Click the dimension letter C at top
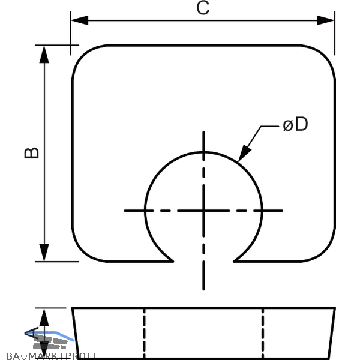(x=203, y=8)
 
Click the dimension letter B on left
(x=32, y=152)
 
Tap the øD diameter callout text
(x=295, y=124)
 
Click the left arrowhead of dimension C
(x=79, y=20)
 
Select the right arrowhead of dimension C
(x=326, y=20)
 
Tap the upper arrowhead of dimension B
(x=44, y=54)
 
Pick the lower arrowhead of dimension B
(x=44, y=253)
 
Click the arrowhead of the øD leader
(x=244, y=153)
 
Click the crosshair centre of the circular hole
(x=203, y=211)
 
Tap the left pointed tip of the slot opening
(x=173, y=261)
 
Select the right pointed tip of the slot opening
(x=234, y=261)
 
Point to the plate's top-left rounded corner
(x=82, y=55)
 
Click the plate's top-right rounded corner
(x=325, y=55)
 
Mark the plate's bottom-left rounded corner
(x=82, y=252)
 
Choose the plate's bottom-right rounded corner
(x=325, y=252)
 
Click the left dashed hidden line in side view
(x=144, y=334)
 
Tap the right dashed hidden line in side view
(x=263, y=334)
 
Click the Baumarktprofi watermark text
(x=51, y=356)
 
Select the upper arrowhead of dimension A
(x=44, y=317)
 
